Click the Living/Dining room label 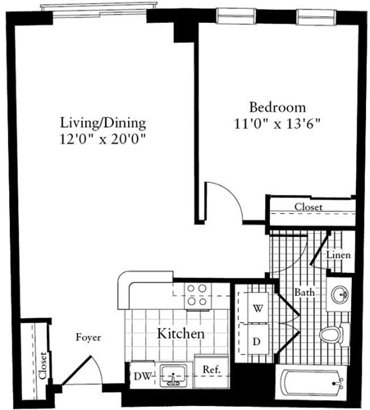click(103, 123)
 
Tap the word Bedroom click(277, 107)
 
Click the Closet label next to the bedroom click(308, 207)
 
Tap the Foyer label click(89, 337)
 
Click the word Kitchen click(180, 335)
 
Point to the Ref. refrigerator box click(210, 370)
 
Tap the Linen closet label click(339, 256)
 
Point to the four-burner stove click(196, 294)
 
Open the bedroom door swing click(220, 201)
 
